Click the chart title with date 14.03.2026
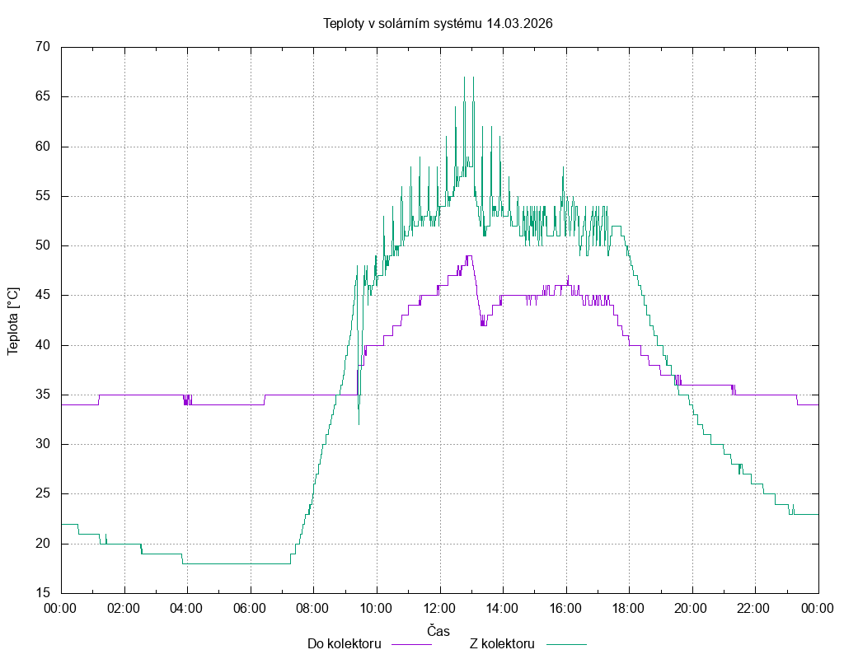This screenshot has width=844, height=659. click(x=438, y=24)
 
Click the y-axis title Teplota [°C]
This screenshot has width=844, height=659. click(x=13, y=321)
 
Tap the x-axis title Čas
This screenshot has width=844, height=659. click(x=438, y=630)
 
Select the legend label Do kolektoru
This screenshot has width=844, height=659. click(x=344, y=643)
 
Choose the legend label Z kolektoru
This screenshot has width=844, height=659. click(x=502, y=643)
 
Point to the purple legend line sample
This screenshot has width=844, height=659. click(x=410, y=644)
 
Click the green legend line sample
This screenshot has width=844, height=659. click(x=565, y=644)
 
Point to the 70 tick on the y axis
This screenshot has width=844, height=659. click(x=44, y=48)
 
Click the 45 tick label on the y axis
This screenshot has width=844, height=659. click(x=44, y=296)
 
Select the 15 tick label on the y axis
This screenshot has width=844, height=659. click(x=44, y=593)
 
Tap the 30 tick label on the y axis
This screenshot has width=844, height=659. click(x=44, y=445)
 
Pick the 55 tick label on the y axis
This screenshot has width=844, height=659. click(x=44, y=197)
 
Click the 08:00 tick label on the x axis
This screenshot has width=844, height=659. click(x=313, y=608)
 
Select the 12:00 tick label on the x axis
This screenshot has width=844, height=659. click(x=439, y=608)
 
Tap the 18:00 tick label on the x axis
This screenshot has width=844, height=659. click(x=629, y=608)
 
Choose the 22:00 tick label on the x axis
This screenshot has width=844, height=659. click(x=755, y=608)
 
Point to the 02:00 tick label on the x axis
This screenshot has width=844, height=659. click(x=124, y=608)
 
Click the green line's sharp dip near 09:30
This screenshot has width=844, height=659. click(x=359, y=423)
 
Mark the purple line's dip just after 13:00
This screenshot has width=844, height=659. click(x=482, y=325)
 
